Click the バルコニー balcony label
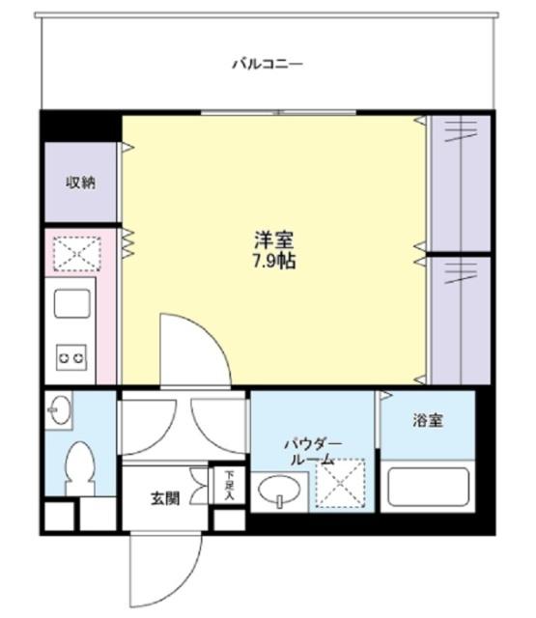(x=268, y=65)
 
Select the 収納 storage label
(x=80, y=183)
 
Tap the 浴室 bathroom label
(x=427, y=421)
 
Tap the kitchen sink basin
(x=71, y=305)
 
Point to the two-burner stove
(x=71, y=357)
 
